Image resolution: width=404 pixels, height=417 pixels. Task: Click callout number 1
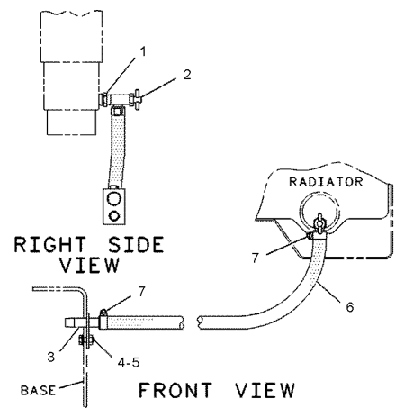(143, 51)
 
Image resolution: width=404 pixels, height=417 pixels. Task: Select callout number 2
(187, 75)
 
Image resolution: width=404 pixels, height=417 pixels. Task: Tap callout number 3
(51, 357)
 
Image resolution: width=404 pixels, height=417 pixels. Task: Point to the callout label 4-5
(129, 363)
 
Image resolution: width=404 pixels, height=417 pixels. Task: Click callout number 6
(350, 307)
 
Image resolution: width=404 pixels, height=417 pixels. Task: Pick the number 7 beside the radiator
(256, 258)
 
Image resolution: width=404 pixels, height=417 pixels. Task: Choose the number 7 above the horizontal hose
(141, 291)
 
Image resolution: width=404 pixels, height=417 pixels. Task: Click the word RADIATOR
(326, 182)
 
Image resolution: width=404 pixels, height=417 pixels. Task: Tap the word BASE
(38, 391)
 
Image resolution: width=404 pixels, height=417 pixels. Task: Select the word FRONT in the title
(175, 390)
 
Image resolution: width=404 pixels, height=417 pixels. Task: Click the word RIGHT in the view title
(50, 245)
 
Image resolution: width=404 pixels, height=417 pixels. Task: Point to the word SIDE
(136, 245)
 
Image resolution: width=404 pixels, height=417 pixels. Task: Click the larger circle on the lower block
(114, 199)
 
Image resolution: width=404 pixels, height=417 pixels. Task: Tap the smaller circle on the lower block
(114, 215)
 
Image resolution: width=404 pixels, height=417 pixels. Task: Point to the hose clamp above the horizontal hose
(103, 320)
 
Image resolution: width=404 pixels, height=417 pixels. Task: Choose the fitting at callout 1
(105, 99)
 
